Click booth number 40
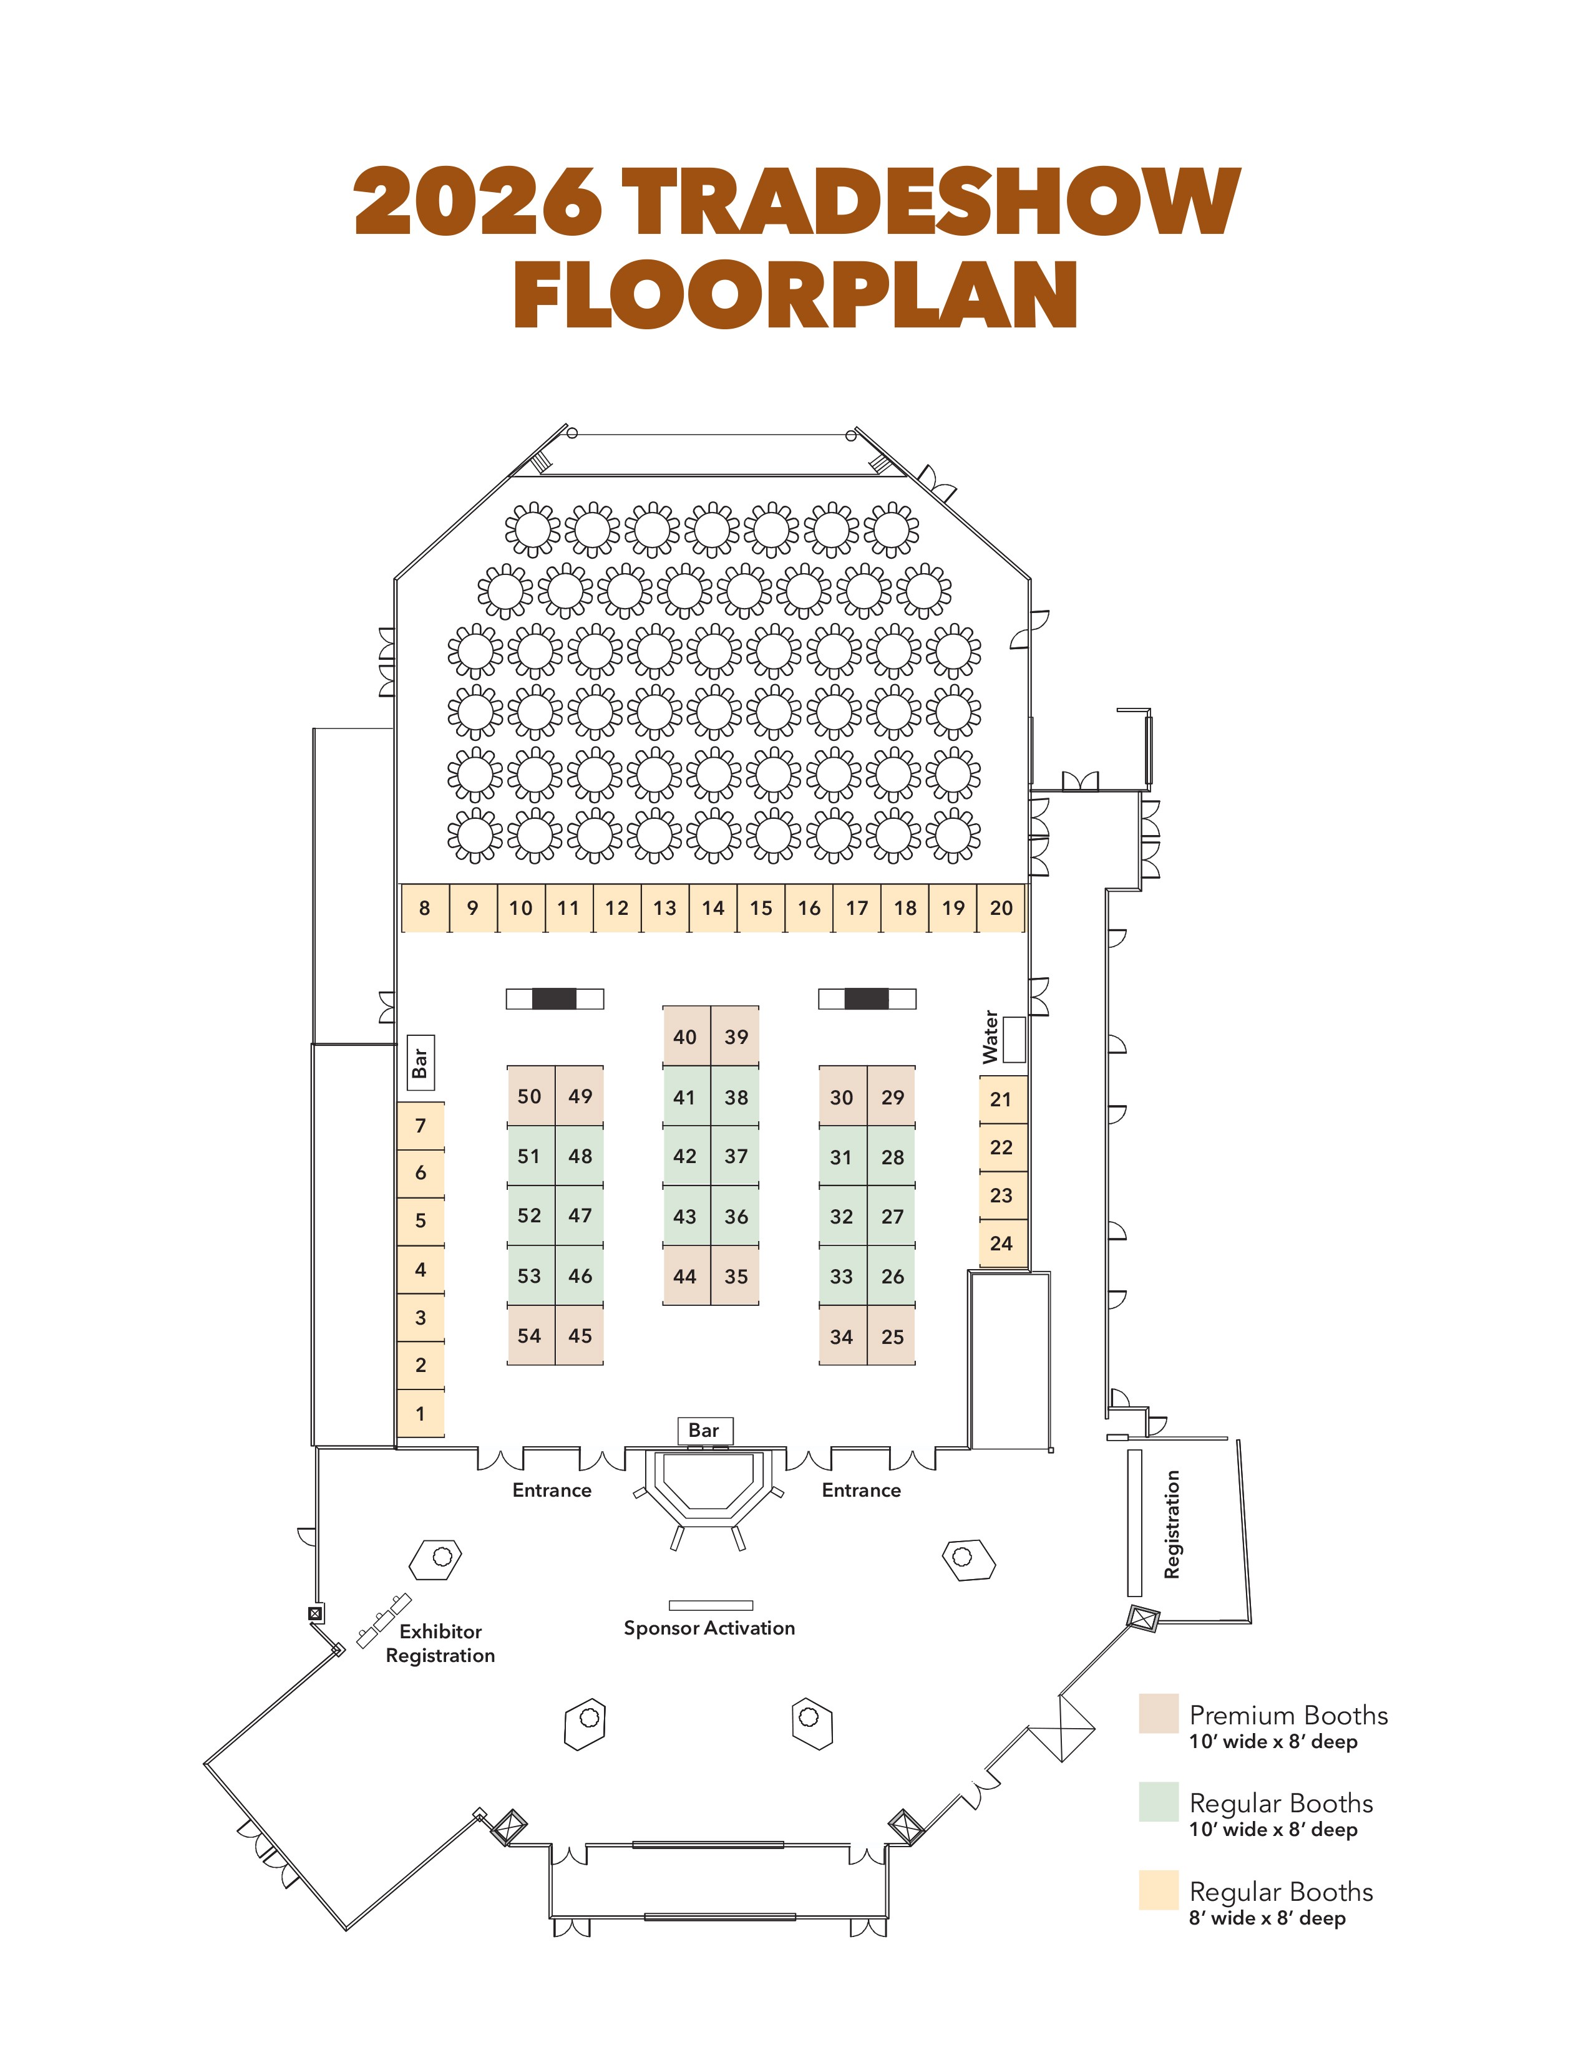(x=685, y=1036)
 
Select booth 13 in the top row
(x=664, y=909)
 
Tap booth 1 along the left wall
(x=421, y=1413)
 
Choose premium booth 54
(x=530, y=1336)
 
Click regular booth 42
(x=685, y=1156)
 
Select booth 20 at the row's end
(x=1001, y=909)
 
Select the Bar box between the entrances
(x=704, y=1431)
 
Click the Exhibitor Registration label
(x=440, y=1643)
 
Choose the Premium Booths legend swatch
(x=1159, y=1714)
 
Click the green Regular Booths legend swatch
(x=1159, y=1802)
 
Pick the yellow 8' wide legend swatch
(x=1159, y=1890)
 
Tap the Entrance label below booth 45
(x=552, y=1490)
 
